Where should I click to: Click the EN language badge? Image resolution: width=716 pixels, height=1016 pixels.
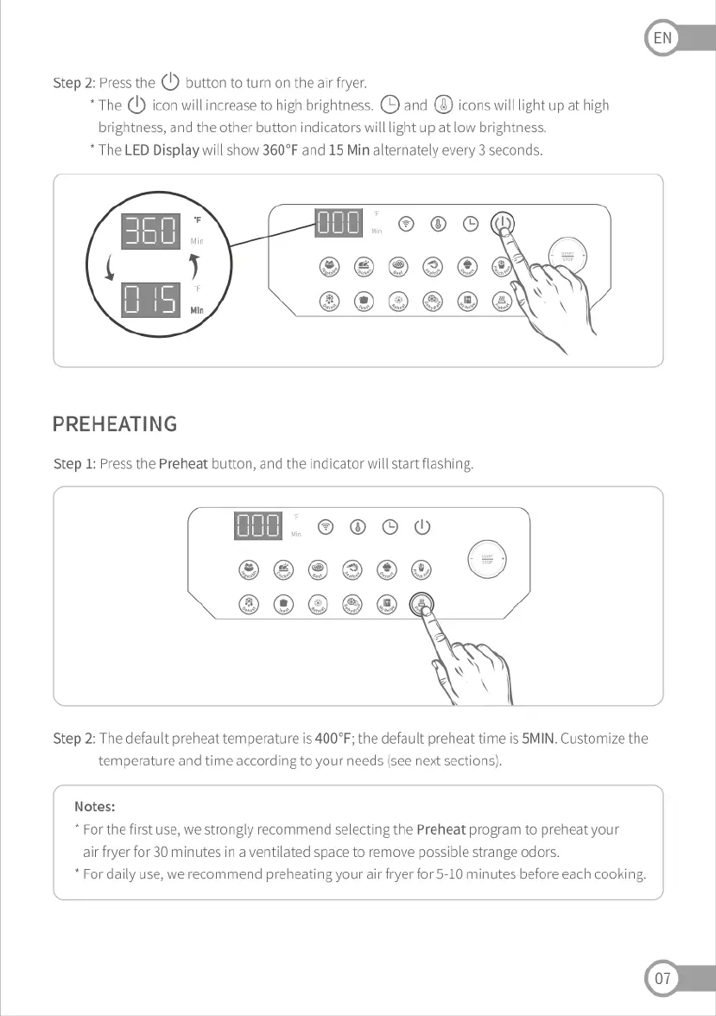point(662,38)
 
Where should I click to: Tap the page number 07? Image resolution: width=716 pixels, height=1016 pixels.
point(662,979)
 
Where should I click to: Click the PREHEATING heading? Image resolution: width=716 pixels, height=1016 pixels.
point(115,424)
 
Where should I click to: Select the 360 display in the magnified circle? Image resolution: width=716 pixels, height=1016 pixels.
point(151,231)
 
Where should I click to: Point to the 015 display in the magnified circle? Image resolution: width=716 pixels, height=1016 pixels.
point(151,298)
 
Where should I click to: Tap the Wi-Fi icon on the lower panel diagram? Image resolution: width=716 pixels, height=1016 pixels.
point(326,527)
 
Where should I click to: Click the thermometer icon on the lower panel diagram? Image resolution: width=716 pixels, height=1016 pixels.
point(357,527)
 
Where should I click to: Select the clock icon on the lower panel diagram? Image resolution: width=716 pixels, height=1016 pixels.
point(390,527)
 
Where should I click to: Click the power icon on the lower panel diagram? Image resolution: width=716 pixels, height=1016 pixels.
point(421,527)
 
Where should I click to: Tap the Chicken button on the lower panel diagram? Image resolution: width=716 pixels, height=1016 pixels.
point(283,568)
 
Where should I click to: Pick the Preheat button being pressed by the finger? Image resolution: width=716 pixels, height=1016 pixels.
point(421,604)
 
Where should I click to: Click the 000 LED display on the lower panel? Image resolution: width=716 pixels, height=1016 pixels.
point(257,526)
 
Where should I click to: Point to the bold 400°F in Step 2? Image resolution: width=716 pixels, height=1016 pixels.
point(333,739)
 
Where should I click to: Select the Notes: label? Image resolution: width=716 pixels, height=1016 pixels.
point(95,806)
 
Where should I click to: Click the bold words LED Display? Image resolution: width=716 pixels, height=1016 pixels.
point(162,149)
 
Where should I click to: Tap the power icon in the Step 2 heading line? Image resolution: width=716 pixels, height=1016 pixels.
point(170,82)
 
